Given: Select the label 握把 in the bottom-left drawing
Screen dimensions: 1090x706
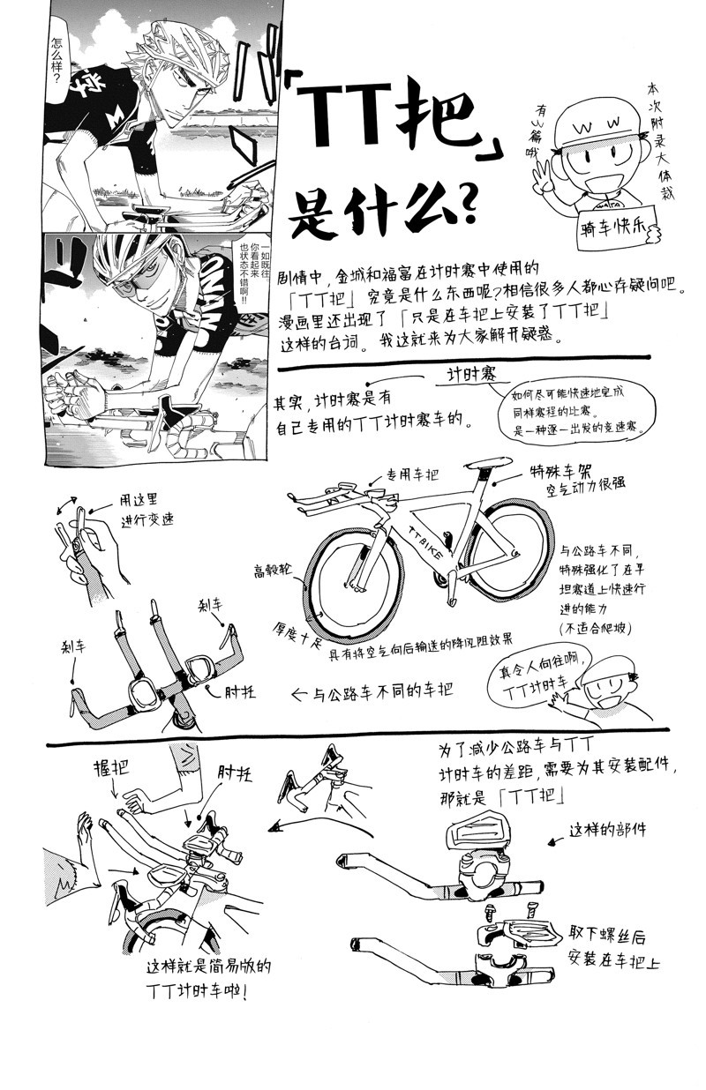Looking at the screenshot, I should pyautogui.click(x=109, y=768).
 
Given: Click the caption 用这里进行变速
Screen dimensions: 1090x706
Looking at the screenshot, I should pyautogui.click(x=141, y=510).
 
